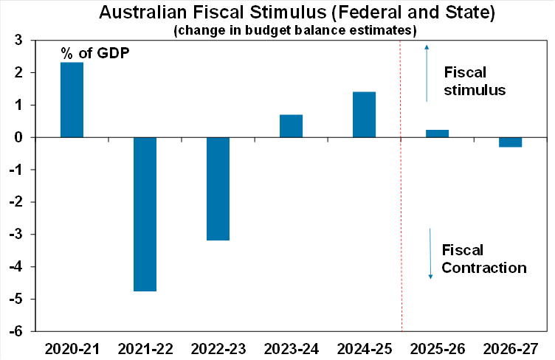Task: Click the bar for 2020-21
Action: [x=72, y=100]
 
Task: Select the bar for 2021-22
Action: [x=145, y=214]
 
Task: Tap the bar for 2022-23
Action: [x=218, y=189]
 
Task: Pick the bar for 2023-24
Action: [x=291, y=126]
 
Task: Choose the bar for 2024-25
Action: [x=364, y=114]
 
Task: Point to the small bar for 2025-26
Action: [x=437, y=134]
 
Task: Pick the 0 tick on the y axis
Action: [x=21, y=138]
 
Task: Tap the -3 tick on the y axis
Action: [x=18, y=235]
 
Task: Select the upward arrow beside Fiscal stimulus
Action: [x=426, y=72]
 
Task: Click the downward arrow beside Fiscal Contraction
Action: [x=430, y=253]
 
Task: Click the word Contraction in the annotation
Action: [x=484, y=267]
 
